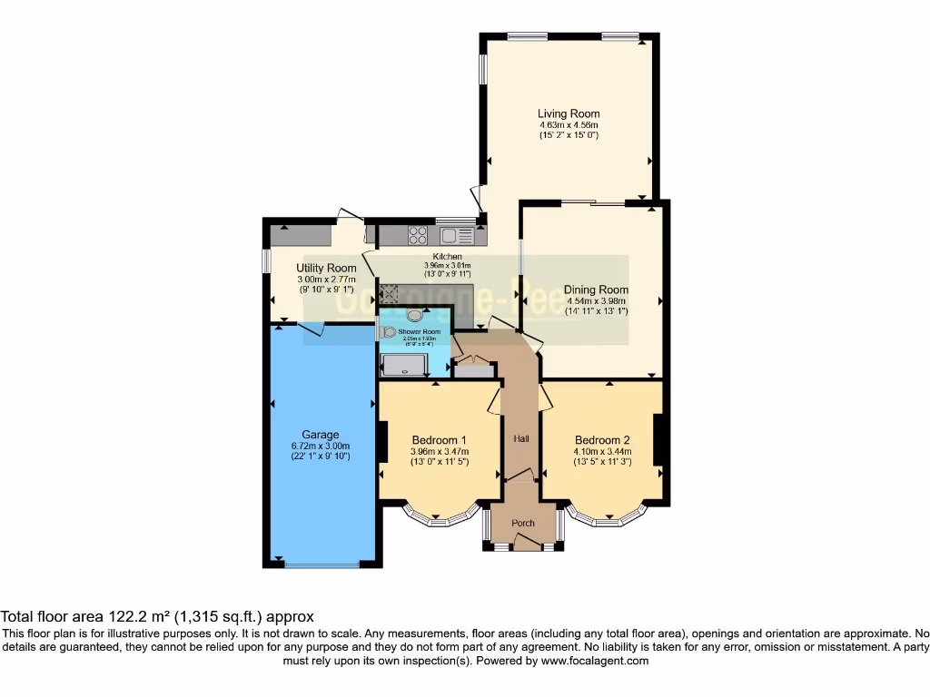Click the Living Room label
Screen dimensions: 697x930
tap(569, 113)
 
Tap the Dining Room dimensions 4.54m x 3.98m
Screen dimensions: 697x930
tap(596, 300)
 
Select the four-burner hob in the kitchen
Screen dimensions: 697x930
tap(418, 235)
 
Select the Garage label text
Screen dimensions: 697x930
tap(321, 435)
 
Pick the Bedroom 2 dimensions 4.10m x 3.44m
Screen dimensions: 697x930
tap(602, 451)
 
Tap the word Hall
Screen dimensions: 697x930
tap(521, 439)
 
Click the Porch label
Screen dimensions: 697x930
tap(523, 523)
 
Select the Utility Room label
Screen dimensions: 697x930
tap(326, 268)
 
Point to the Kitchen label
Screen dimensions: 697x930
tap(447, 257)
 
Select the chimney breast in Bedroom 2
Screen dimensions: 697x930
tap(659, 440)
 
